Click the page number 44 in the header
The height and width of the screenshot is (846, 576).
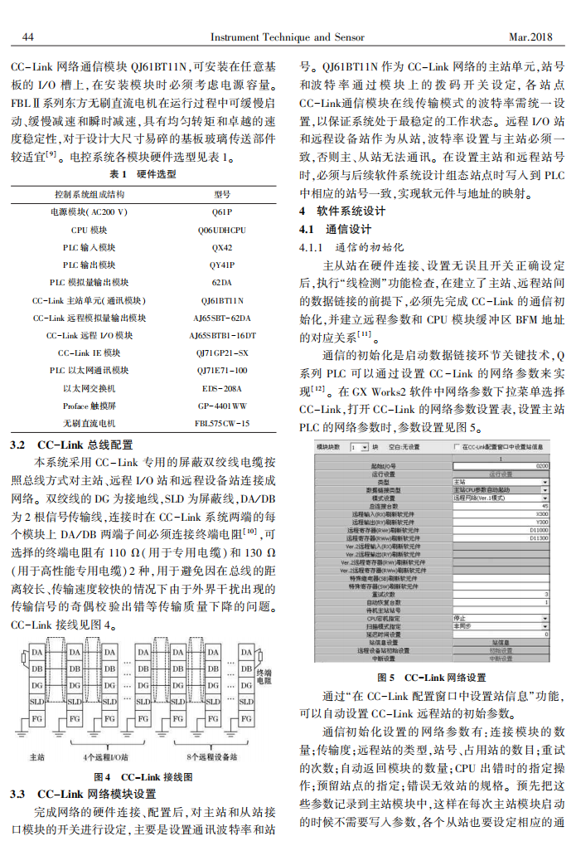coord(26,37)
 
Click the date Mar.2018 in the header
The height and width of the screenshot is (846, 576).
coord(530,37)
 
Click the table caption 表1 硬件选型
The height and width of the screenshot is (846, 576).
coord(143,175)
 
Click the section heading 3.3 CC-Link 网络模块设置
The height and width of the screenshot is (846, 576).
coord(83,794)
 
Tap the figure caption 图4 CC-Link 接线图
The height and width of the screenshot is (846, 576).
coord(143,777)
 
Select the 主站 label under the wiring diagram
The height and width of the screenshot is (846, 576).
coord(38,756)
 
